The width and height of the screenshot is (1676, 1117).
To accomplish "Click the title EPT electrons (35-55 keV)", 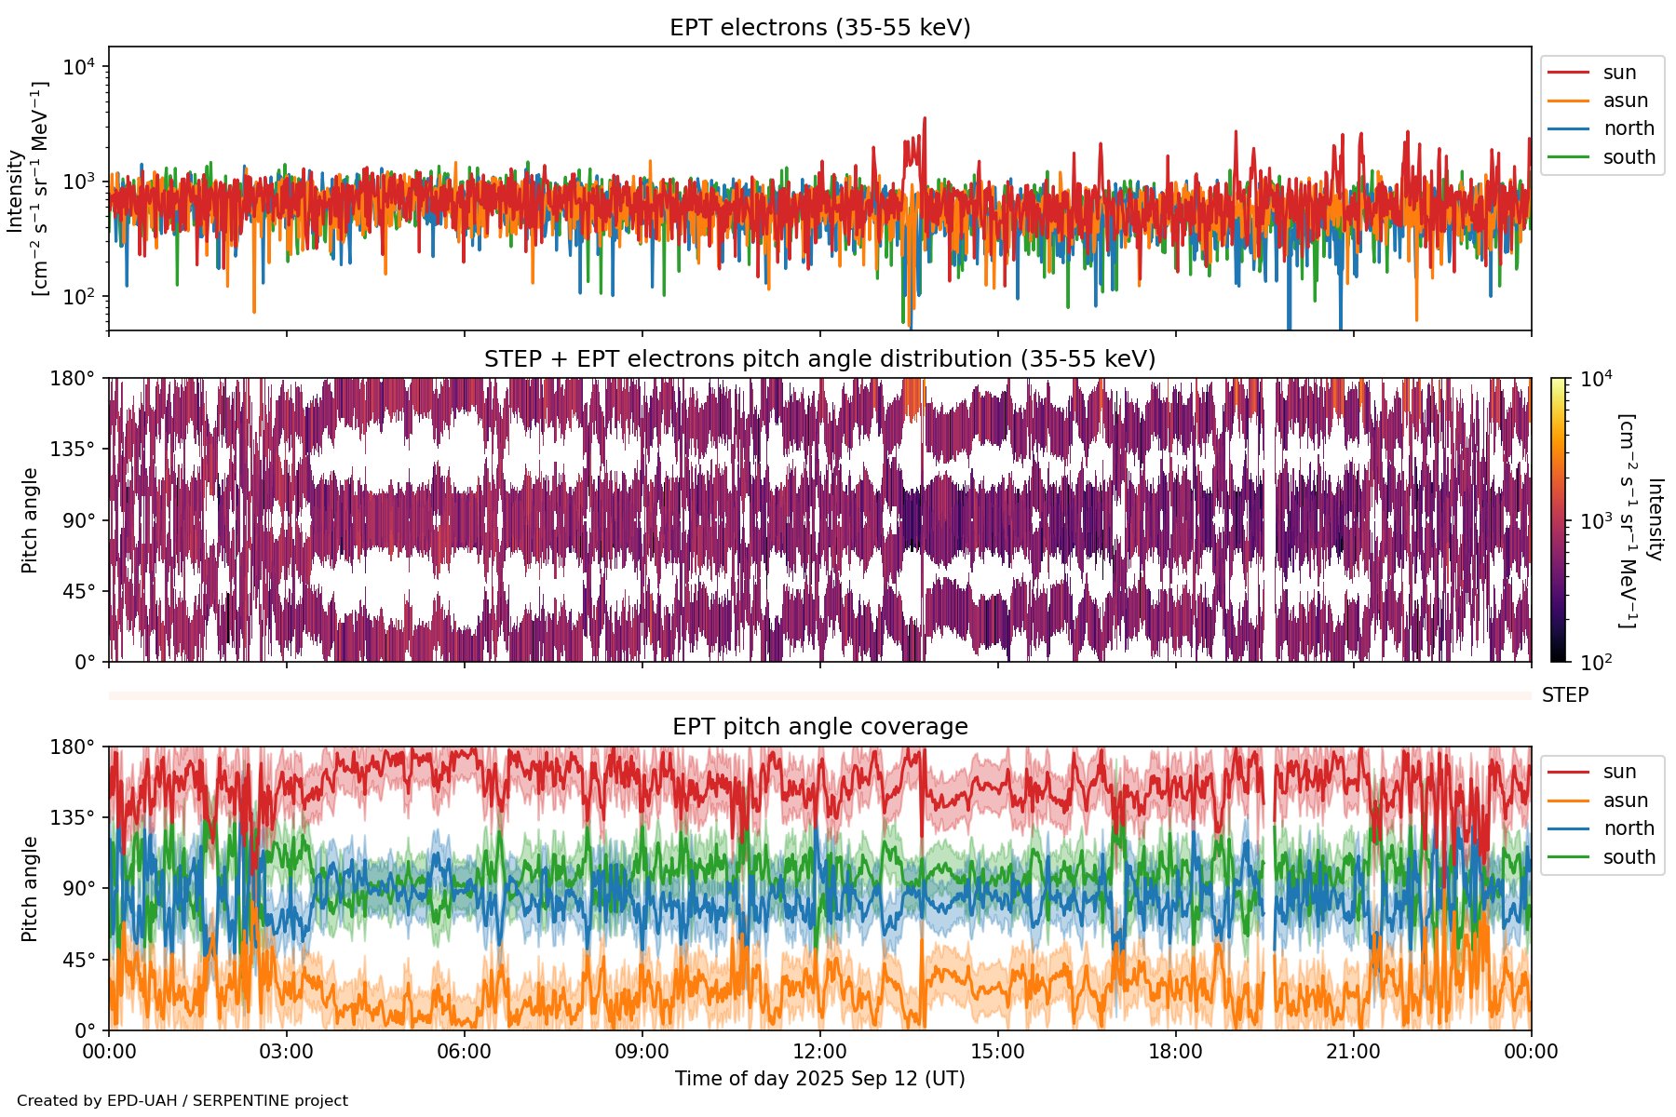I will pyautogui.click(x=819, y=28).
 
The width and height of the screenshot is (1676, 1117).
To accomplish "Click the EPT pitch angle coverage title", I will pyautogui.click(x=819, y=727).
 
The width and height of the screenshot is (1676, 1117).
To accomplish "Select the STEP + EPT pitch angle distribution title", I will pyautogui.click(x=819, y=359).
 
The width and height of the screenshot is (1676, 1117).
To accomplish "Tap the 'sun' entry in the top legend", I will pyautogui.click(x=1619, y=73).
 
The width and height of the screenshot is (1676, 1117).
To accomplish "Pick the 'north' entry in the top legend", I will pyautogui.click(x=1629, y=128).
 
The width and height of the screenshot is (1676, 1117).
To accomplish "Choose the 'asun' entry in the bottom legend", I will pyautogui.click(x=1625, y=801).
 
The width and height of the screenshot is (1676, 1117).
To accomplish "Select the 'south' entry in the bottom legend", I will pyautogui.click(x=1629, y=857).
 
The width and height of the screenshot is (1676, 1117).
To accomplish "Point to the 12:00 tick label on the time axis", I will pyautogui.click(x=819, y=1052).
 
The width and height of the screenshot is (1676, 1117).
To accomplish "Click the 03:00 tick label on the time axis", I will pyautogui.click(x=286, y=1052).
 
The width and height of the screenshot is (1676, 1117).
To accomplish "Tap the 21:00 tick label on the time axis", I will pyautogui.click(x=1353, y=1052).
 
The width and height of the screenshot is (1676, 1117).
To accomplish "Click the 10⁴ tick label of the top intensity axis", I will pyautogui.click(x=79, y=67).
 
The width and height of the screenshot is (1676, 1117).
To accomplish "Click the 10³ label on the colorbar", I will pyautogui.click(x=1596, y=521).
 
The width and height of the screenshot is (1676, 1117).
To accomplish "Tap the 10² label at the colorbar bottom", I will pyautogui.click(x=1596, y=663).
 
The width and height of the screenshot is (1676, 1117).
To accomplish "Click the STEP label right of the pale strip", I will pyautogui.click(x=1565, y=695).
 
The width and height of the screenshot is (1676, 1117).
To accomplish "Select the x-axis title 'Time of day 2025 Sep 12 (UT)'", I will pyautogui.click(x=819, y=1079).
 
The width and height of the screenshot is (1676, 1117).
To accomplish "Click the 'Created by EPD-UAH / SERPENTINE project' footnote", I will pyautogui.click(x=182, y=1100).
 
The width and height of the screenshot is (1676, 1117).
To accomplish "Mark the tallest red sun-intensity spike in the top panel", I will pyautogui.click(x=924, y=119).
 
